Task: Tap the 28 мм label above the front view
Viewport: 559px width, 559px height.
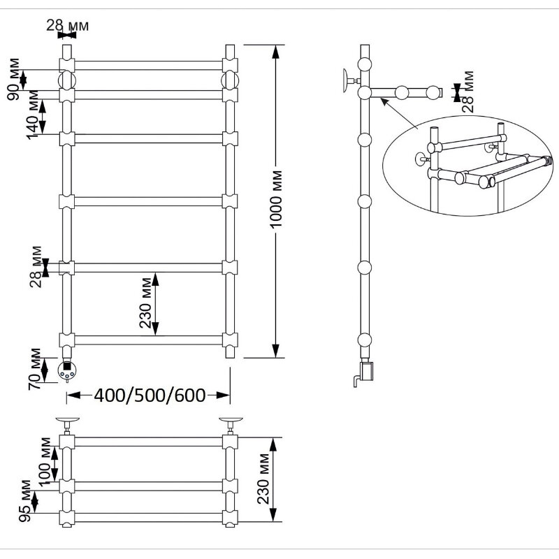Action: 67,26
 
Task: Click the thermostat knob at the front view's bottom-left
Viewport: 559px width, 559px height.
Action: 66,373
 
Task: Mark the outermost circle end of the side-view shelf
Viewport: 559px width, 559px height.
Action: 435,92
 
